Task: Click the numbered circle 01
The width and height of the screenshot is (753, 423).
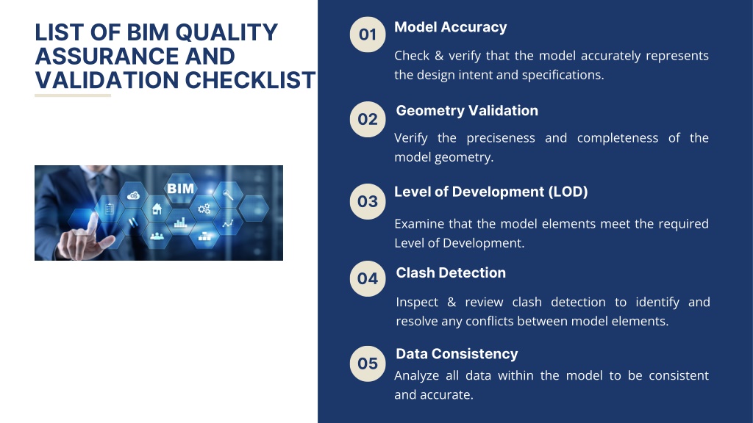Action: click(x=368, y=35)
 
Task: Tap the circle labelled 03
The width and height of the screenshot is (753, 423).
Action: click(x=368, y=201)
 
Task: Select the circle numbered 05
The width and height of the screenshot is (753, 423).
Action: click(x=368, y=364)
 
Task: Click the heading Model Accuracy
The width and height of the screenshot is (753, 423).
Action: click(x=451, y=27)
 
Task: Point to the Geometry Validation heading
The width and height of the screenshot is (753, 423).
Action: click(x=467, y=111)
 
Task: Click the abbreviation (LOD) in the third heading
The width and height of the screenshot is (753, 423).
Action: click(x=568, y=192)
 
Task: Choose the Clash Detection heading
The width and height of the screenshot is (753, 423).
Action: click(x=451, y=273)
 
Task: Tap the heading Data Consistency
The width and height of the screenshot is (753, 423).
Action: click(x=457, y=354)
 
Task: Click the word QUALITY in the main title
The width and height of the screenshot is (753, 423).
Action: click(x=226, y=32)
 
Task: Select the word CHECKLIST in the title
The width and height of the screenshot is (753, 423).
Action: click(x=250, y=80)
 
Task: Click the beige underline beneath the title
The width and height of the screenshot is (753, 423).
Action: click(x=73, y=95)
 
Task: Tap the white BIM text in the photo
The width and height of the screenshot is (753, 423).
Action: click(x=180, y=189)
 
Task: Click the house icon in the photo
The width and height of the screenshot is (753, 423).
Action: click(x=157, y=209)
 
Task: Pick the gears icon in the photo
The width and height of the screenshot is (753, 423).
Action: click(x=204, y=209)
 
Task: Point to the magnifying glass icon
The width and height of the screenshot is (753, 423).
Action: click(x=228, y=194)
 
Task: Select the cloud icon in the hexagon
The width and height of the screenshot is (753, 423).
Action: click(x=133, y=195)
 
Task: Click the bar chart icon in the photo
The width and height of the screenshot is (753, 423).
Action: click(x=180, y=223)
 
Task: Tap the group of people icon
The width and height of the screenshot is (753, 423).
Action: click(x=157, y=236)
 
